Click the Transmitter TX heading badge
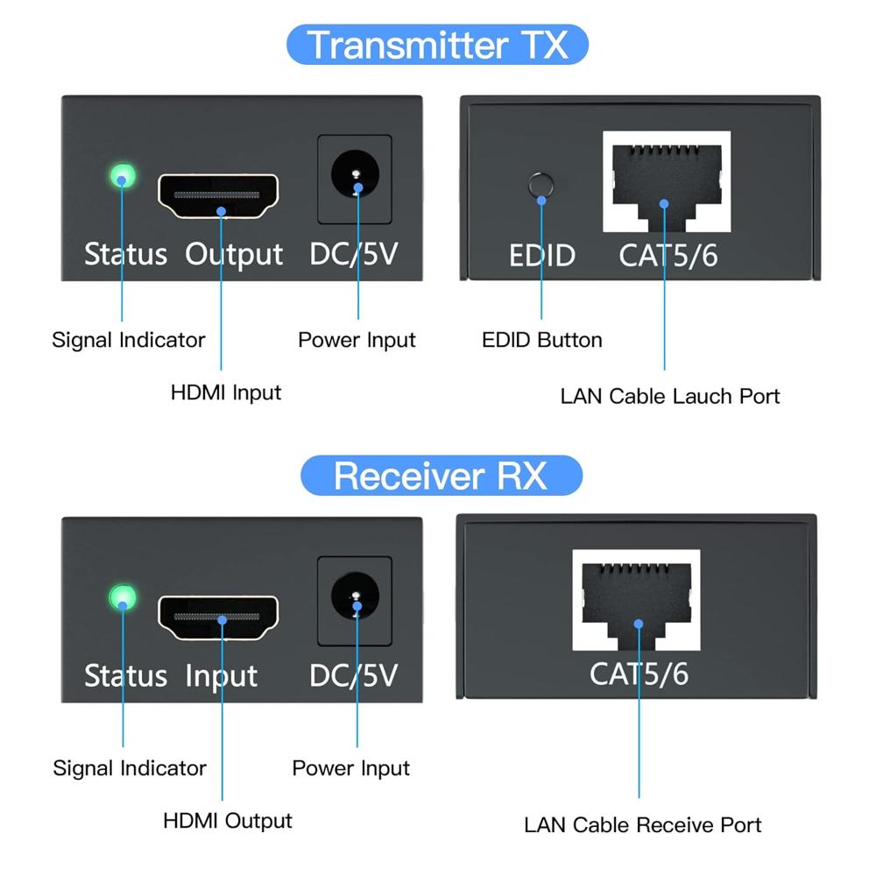click(x=437, y=45)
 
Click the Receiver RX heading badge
click(x=441, y=476)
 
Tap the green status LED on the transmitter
click(x=122, y=176)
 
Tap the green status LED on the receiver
click(x=123, y=599)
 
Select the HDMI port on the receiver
click(x=218, y=618)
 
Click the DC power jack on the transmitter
click(x=355, y=176)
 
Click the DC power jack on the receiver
click(x=355, y=598)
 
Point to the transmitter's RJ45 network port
click(x=666, y=180)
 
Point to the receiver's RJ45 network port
click(x=636, y=601)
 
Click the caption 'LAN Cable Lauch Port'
click(x=669, y=396)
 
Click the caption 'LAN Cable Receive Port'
click(x=642, y=825)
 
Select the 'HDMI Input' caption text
click(x=226, y=392)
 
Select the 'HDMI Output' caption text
click(x=228, y=821)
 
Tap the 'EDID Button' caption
click(x=541, y=340)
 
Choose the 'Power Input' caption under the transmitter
click(x=357, y=340)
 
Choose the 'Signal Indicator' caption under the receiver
click(x=130, y=768)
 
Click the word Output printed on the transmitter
click(x=235, y=254)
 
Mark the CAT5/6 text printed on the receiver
click(x=639, y=674)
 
